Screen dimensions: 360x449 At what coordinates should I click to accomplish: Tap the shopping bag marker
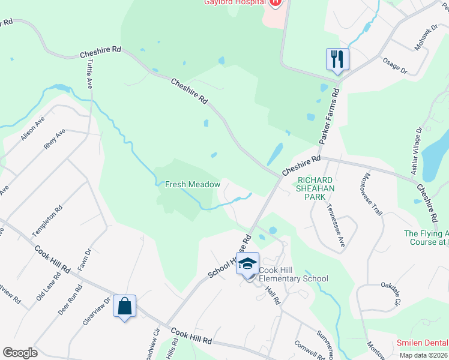(x=124, y=306)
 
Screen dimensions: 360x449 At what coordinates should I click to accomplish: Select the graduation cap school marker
(x=247, y=264)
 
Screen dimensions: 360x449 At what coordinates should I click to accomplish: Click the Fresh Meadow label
(x=193, y=185)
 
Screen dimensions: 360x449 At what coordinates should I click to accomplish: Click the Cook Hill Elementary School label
(x=294, y=274)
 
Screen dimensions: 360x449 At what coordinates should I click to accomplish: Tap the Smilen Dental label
(x=422, y=343)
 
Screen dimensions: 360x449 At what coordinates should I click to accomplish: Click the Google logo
(x=20, y=352)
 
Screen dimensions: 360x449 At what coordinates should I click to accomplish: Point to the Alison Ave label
(x=32, y=129)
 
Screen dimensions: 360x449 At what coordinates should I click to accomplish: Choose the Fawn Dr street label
(x=83, y=259)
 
